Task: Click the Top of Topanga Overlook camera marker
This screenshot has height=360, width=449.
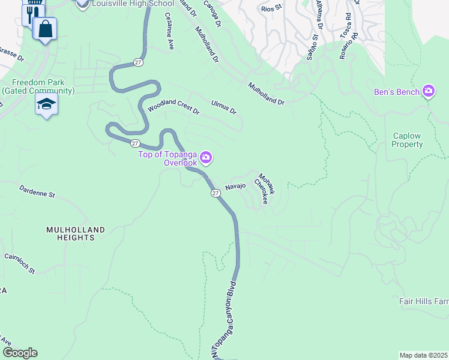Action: pos(206,158)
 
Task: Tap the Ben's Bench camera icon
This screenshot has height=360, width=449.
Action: pos(429,92)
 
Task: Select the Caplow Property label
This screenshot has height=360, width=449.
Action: pos(408,140)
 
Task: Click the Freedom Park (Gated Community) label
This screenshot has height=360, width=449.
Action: pos(38,86)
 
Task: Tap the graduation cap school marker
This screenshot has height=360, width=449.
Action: pos(46,104)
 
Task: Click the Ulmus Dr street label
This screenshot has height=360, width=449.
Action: pos(224,107)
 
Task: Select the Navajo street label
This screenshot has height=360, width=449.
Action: pos(235,187)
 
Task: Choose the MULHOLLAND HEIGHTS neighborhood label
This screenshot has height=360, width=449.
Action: pos(76,233)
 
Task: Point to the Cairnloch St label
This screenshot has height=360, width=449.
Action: pos(20,264)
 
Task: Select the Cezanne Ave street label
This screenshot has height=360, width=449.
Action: pos(169,31)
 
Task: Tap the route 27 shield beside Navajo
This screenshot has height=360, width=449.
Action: pos(215,193)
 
